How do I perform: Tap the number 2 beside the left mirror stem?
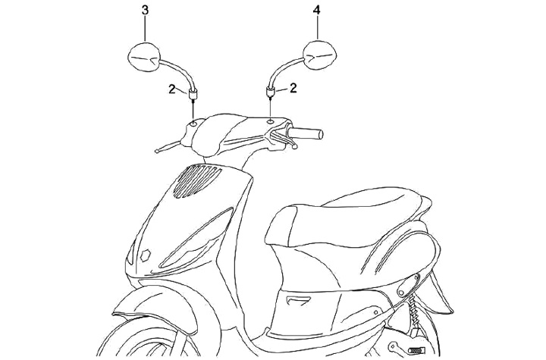click(x=173, y=89)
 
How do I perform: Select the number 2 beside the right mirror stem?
click(x=293, y=88)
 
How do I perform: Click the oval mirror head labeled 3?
click(x=142, y=57)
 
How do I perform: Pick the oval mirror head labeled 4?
click(x=320, y=55)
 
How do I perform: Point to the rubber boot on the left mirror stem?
click(x=193, y=94)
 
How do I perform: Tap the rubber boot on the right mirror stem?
click(x=269, y=92)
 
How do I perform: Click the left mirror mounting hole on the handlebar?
click(x=193, y=121)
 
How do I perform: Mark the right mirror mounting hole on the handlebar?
click(x=271, y=120)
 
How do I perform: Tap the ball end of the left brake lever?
click(x=156, y=149)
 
